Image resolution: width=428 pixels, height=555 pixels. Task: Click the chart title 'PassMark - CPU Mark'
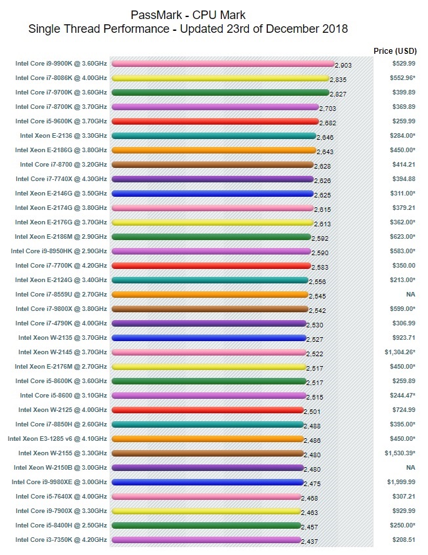point(188,15)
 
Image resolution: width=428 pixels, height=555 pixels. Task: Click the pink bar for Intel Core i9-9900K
point(223,64)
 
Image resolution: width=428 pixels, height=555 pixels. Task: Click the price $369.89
point(404,107)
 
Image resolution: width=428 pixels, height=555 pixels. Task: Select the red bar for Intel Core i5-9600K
point(215,121)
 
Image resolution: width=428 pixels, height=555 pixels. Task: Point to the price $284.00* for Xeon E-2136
point(401,136)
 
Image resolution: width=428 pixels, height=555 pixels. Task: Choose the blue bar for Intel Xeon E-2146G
point(212,194)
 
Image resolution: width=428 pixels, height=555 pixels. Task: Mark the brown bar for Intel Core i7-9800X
point(209,309)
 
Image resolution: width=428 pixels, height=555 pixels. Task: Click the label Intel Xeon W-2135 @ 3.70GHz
point(62,338)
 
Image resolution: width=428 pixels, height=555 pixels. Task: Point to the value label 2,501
point(312,412)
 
